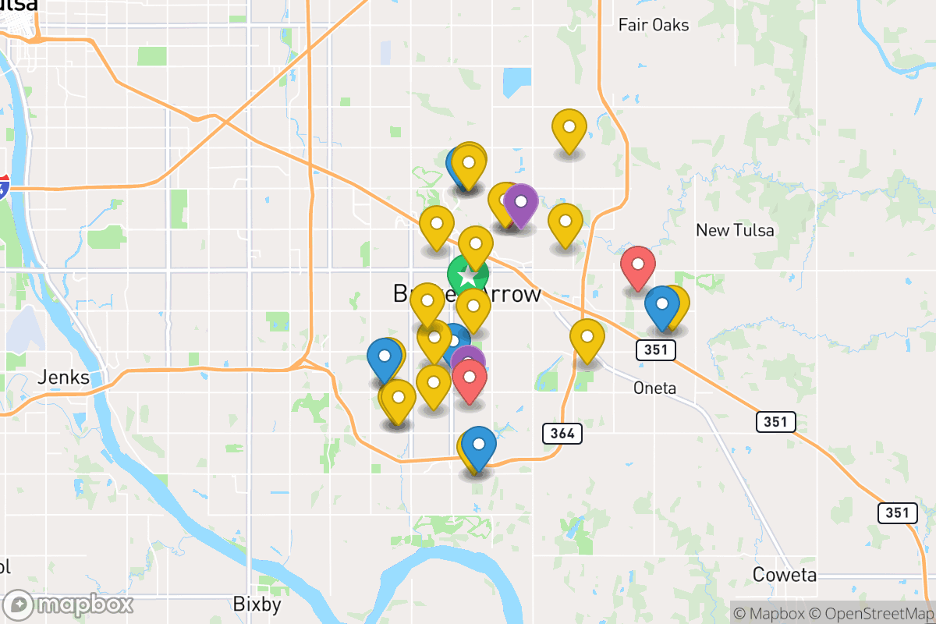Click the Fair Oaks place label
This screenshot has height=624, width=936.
pos(653,25)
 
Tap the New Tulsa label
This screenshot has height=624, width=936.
pos(735,230)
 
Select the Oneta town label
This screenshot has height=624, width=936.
pos(654,388)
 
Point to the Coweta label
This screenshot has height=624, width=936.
pos(785,575)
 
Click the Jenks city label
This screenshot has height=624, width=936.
pos(62,379)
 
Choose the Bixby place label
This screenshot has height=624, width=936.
pos(257,604)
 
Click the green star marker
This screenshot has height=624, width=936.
pos(467,276)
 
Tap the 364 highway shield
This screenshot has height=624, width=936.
pos(561,434)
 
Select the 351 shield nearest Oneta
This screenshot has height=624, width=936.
pos(655,349)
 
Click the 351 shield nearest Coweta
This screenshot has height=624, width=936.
pos(897,512)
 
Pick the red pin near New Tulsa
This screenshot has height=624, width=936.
pos(637,265)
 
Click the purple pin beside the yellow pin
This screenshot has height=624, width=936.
pos(520,203)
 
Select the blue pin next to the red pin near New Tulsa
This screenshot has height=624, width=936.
pos(661,305)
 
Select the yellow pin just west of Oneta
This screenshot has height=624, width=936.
pos(587,339)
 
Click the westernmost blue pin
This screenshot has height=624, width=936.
pos(384,358)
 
